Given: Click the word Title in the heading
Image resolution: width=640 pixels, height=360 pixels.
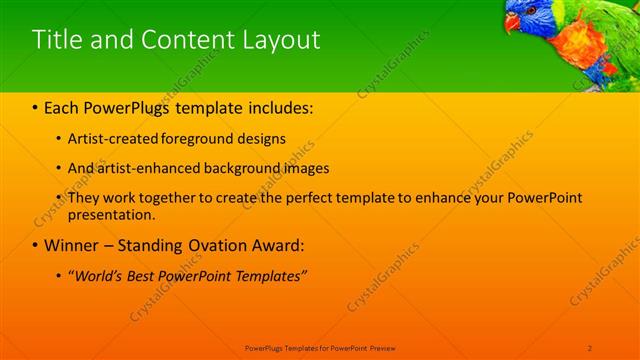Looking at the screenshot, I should point(57,40).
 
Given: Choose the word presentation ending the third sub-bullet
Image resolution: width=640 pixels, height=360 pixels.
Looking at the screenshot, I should point(111,214).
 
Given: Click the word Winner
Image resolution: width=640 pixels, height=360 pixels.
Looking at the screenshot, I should point(72,245).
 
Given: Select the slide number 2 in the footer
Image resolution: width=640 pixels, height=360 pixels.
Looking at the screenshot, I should point(590,347).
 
